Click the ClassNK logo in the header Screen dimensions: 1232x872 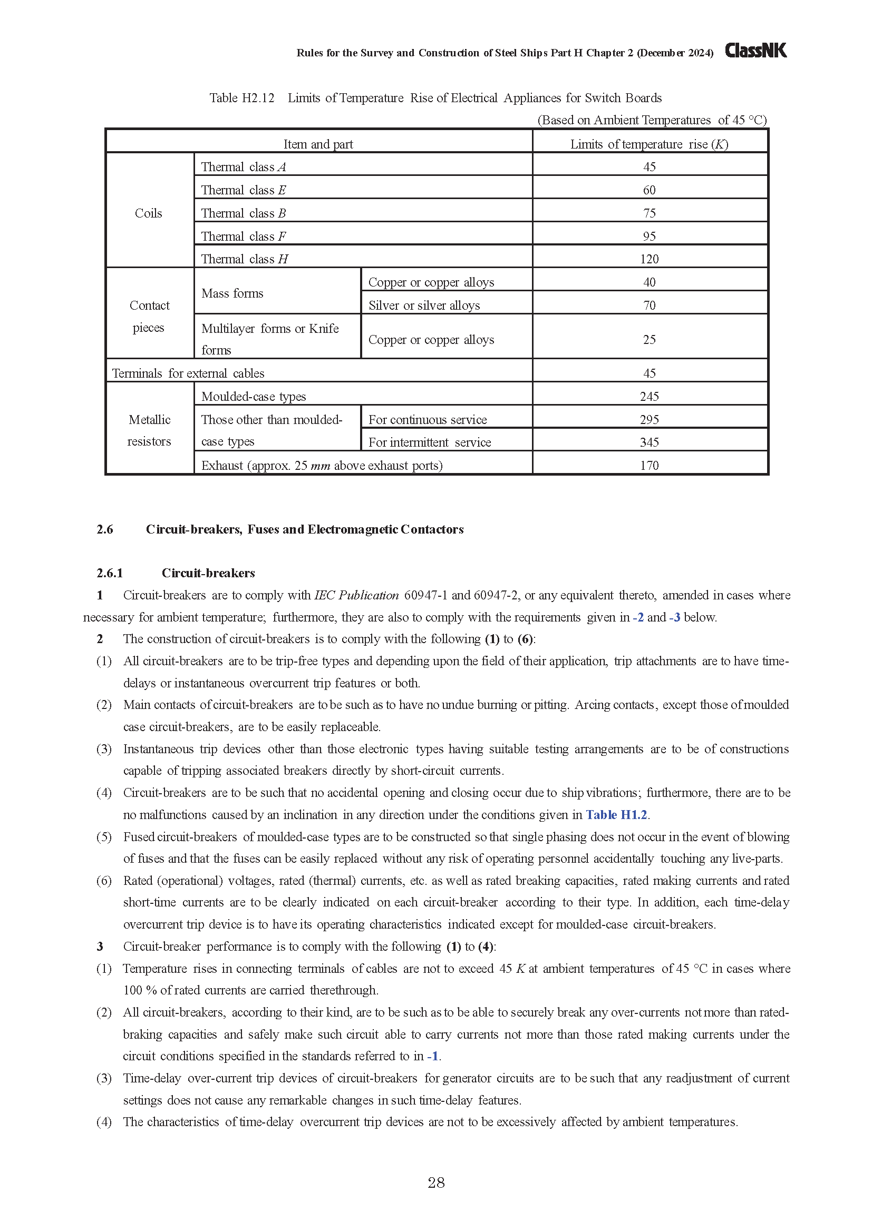[x=755, y=51]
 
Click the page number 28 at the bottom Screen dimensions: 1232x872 [x=436, y=1182]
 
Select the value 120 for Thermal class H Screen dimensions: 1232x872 [x=649, y=259]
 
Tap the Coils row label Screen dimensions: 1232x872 [x=148, y=213]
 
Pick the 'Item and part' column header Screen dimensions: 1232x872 [x=318, y=144]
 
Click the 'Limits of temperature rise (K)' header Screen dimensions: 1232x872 [x=649, y=144]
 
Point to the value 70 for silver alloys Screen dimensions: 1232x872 [x=649, y=305]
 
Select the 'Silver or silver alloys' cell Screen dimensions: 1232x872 [x=424, y=305]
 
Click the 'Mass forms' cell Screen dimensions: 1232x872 [x=232, y=293]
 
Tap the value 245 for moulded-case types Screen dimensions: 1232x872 [x=649, y=397]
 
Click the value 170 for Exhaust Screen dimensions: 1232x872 [x=649, y=465]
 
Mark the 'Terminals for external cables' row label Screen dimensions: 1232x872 [x=188, y=373]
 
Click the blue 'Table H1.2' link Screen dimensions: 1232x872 [x=616, y=814]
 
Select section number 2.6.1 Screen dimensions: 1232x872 [x=110, y=573]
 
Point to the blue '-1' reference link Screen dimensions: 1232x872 [x=433, y=1056]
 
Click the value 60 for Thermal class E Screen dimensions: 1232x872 [x=649, y=190]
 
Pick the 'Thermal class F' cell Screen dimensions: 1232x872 [x=243, y=236]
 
